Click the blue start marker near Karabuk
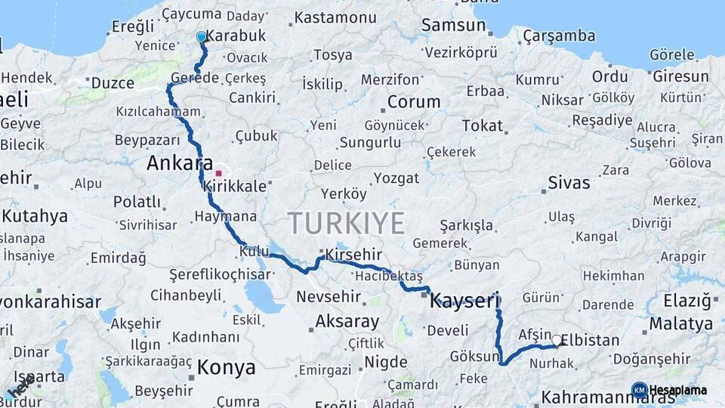click(201, 36)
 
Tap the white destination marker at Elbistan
click(557, 341)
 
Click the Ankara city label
click(180, 162)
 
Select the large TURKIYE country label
click(346, 224)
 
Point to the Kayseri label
click(464, 302)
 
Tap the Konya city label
click(226, 368)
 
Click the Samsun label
click(453, 25)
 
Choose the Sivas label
click(569, 182)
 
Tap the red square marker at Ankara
click(218, 173)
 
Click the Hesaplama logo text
click(678, 390)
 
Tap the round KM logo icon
click(639, 390)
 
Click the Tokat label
click(482, 125)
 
